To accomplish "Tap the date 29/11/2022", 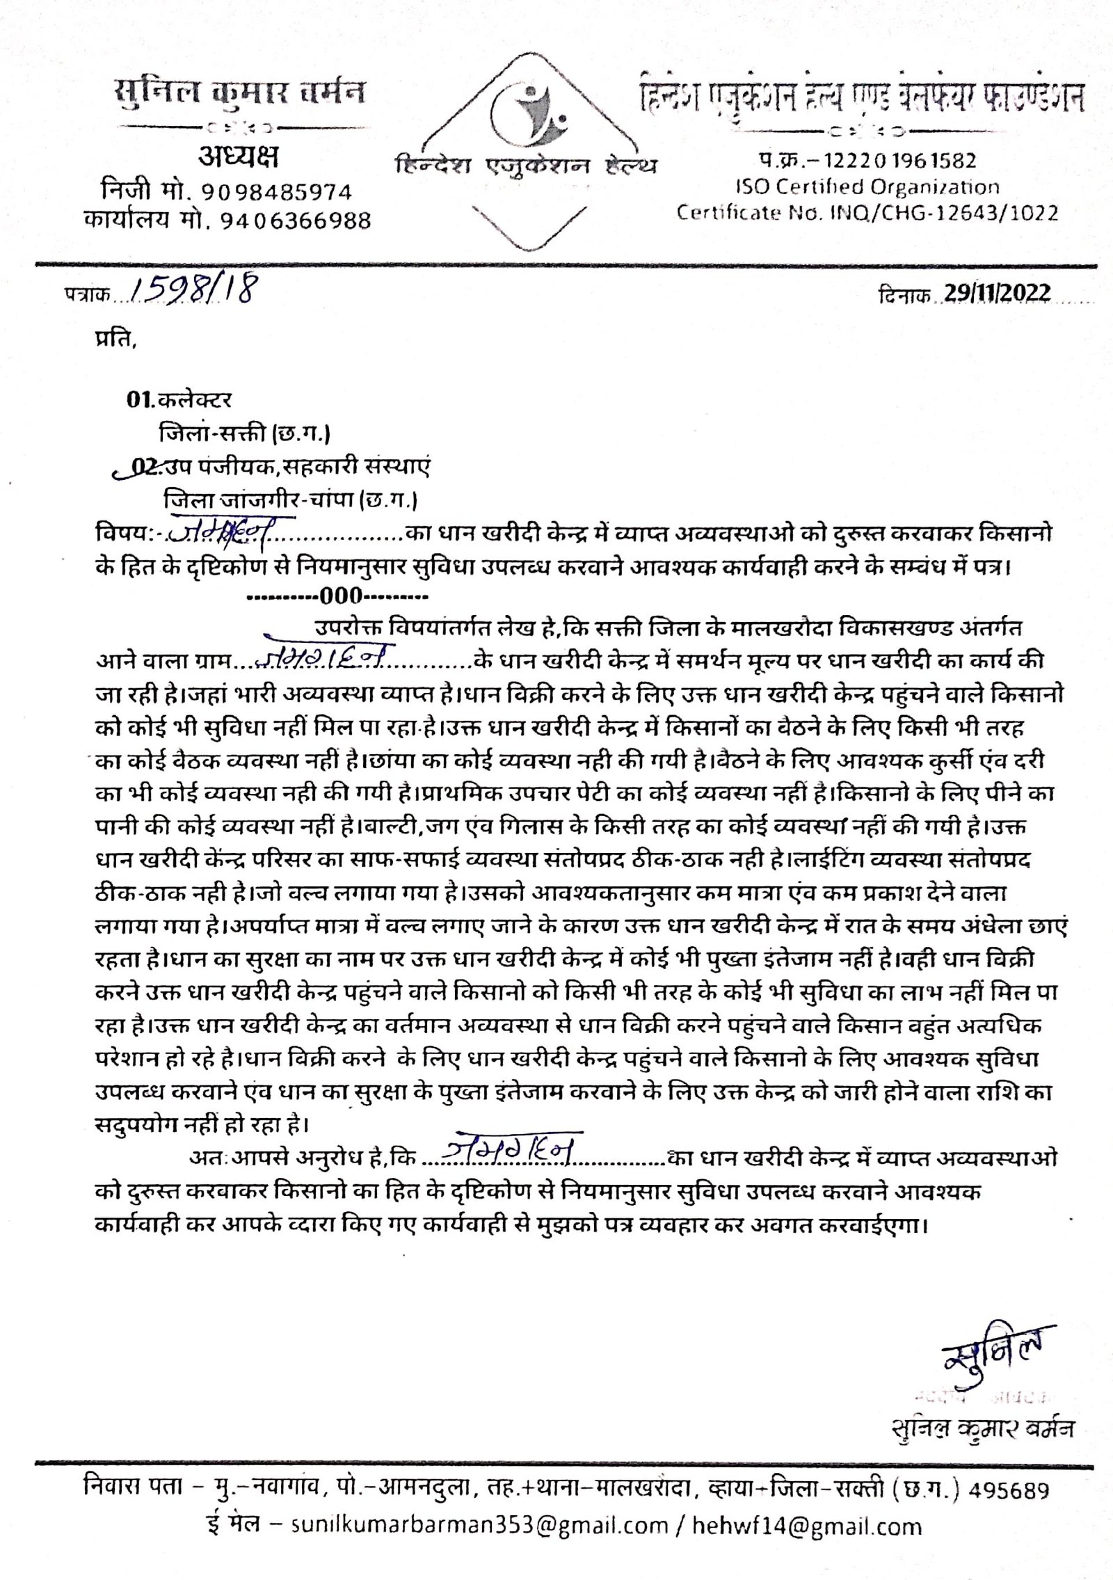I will pos(997,293).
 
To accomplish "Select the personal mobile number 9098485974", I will pos(277,192).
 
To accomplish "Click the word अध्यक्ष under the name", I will pos(238,157).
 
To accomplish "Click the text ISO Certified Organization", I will pos(867,186).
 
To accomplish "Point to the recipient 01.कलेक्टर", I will pos(179,400).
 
